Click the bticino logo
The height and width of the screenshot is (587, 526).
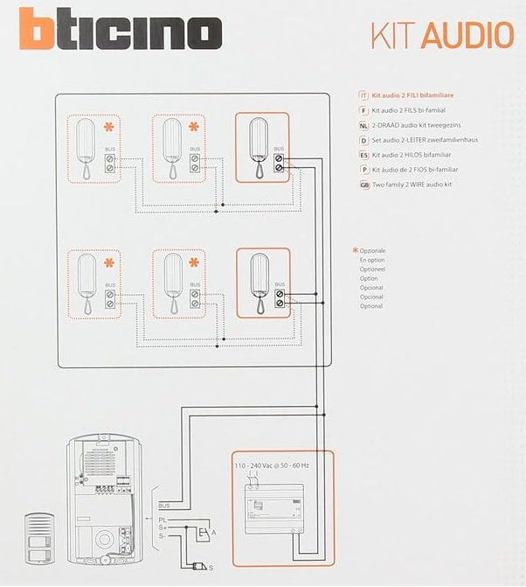pyautogui.click(x=121, y=29)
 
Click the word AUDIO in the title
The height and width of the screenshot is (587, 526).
pyautogui.click(x=468, y=35)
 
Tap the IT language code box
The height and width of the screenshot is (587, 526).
pyautogui.click(x=363, y=95)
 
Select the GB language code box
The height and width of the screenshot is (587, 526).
pyautogui.click(x=364, y=185)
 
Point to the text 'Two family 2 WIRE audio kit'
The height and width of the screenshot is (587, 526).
pyautogui.click(x=412, y=185)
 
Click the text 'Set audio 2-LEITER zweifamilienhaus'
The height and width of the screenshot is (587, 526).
pyautogui.click(x=425, y=140)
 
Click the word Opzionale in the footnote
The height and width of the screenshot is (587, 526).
pyautogui.click(x=372, y=251)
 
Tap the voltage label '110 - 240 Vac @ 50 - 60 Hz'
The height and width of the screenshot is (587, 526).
pyautogui.click(x=272, y=465)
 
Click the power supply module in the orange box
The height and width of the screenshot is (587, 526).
pyautogui.click(x=274, y=509)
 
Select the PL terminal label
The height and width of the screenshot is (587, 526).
pyautogui.click(x=163, y=520)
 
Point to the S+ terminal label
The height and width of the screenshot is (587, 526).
pyautogui.click(x=163, y=528)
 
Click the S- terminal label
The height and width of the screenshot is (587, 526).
pyautogui.click(x=162, y=536)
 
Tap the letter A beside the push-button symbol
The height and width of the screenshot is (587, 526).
pyautogui.click(x=213, y=533)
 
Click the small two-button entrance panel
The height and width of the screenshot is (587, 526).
pyautogui.click(x=39, y=539)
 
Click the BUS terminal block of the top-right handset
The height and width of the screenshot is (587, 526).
pyautogui.click(x=279, y=164)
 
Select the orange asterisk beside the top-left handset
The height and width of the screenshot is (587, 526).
pyautogui.click(x=109, y=127)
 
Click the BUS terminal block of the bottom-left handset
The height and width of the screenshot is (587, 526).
pyautogui.click(x=110, y=299)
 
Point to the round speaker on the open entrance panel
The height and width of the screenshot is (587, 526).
pyautogui.click(x=104, y=540)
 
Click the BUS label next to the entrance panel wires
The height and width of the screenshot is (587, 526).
pyautogui.click(x=164, y=506)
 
